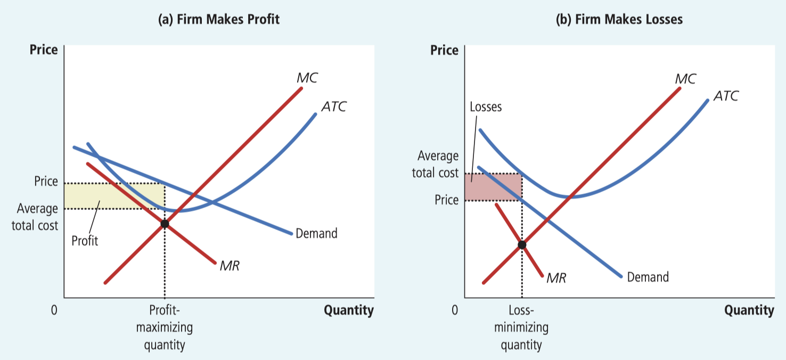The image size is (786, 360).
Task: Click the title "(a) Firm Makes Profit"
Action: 219,20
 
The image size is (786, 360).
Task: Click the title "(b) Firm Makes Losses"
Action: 619,20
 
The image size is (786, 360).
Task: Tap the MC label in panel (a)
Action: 307,78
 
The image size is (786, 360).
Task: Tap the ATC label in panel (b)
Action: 726,96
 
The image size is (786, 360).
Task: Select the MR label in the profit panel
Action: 230,266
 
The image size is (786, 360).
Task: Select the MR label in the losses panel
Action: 556,277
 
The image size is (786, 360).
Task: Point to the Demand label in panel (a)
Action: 316,233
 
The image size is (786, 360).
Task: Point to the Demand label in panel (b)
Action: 648,277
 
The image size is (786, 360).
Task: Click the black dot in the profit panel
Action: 165,224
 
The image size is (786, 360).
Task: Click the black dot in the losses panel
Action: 522,244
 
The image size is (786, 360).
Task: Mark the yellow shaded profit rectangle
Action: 107,195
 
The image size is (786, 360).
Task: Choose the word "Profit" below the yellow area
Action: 85,241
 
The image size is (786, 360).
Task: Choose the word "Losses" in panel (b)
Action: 486,107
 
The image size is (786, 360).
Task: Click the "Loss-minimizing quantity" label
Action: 521,328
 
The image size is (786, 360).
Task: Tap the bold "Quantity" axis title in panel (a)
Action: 348,310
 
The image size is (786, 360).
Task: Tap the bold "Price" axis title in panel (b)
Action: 444,51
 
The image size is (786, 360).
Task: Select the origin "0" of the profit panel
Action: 54,310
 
